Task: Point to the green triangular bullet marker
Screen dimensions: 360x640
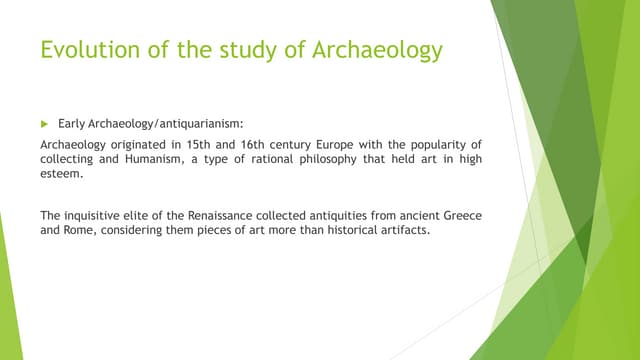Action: [x=44, y=125]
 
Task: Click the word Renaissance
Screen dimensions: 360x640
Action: [x=222, y=214]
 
